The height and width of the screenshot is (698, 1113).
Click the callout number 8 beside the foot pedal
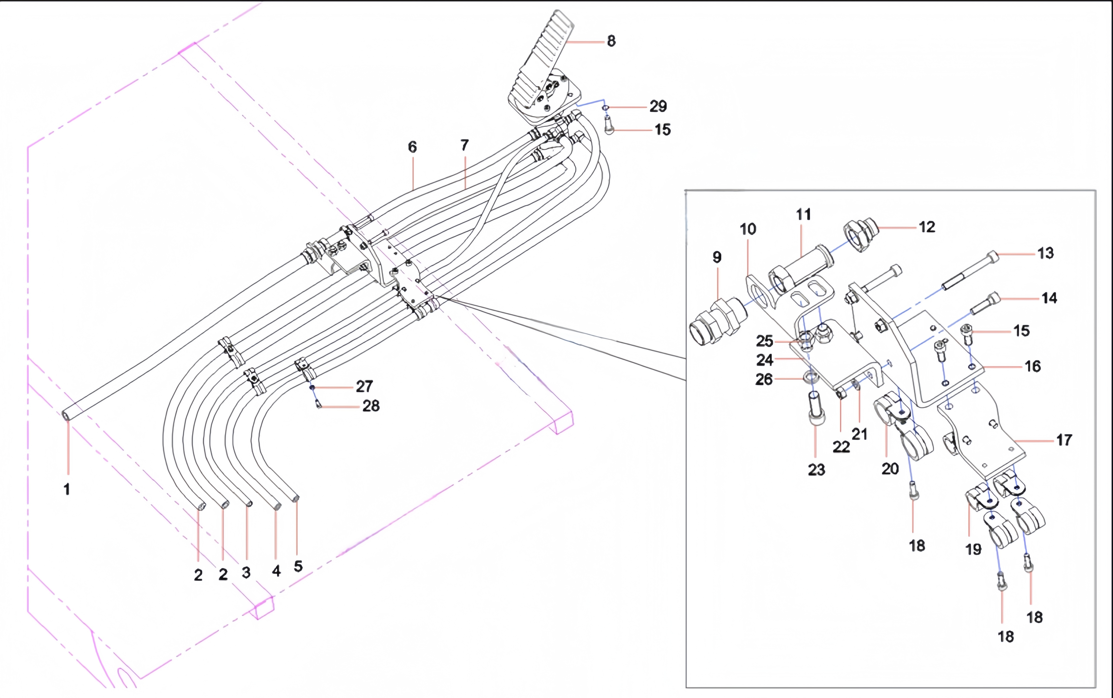coord(611,41)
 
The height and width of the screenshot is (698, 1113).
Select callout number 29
coord(658,107)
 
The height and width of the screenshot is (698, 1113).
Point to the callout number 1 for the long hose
coord(67,489)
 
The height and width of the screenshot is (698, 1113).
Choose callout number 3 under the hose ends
coord(246,572)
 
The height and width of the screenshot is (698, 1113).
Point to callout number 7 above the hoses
coord(465,145)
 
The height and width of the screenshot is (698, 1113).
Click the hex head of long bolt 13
coord(993,256)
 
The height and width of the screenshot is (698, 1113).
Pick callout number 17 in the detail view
coord(1064,440)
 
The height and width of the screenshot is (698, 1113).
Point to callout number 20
coord(890,469)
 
